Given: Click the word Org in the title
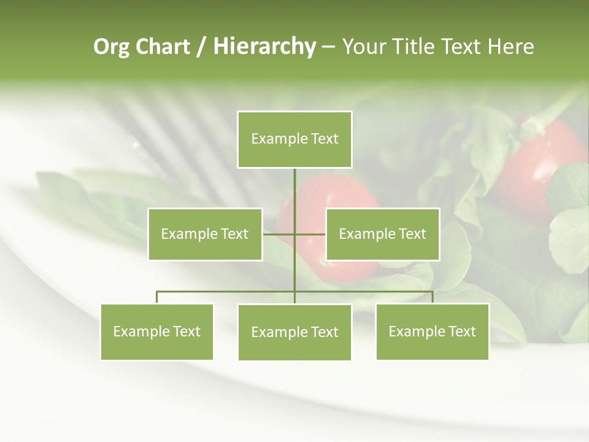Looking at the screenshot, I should [111, 47].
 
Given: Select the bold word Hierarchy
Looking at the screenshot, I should [264, 47].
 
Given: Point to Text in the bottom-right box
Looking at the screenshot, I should [461, 331].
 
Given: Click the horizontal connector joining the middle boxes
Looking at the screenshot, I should [279, 234].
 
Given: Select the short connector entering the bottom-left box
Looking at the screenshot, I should [156, 297].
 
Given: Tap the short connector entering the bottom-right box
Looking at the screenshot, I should [433, 297].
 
